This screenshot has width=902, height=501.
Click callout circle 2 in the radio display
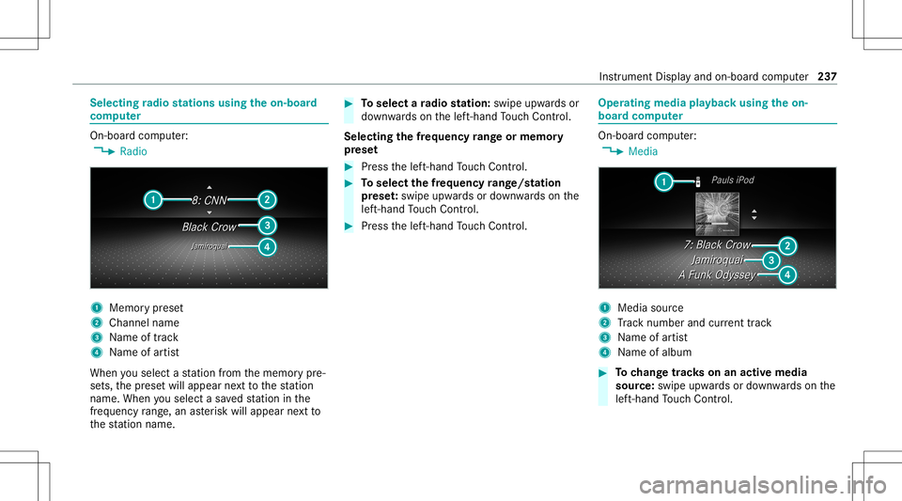tap(267, 199)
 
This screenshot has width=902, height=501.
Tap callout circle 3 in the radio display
tap(267, 226)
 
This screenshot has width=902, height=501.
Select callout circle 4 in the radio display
tap(267, 247)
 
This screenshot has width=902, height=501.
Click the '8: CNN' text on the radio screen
tap(210, 199)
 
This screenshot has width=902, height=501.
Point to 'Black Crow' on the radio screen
tap(210, 227)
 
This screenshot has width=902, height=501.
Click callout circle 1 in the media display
tap(663, 182)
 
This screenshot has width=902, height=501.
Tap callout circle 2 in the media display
tap(787, 245)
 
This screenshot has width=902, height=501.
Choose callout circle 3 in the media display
tap(770, 259)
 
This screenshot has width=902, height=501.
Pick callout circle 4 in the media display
tap(787, 274)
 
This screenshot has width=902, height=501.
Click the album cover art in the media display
tap(717, 215)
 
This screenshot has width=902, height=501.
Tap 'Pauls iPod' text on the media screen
tap(732, 180)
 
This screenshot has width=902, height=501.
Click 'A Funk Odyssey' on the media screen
tap(718, 274)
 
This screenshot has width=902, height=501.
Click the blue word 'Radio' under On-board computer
tap(133, 151)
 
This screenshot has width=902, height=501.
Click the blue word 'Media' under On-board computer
tap(643, 151)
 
